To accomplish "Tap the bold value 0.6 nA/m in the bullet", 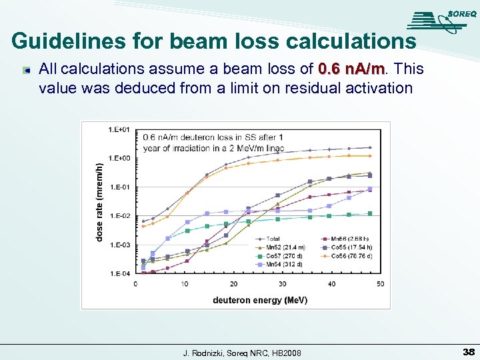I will [x=352, y=70].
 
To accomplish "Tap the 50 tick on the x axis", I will [x=381, y=284].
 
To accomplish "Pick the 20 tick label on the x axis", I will [x=233, y=284].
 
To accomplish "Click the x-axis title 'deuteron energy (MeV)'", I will [x=260, y=300].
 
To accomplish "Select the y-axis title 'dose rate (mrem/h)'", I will [x=100, y=202].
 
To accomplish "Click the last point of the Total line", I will [x=370, y=147].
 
